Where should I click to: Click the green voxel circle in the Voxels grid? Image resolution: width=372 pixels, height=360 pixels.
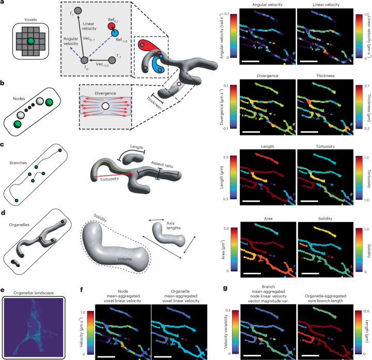[x=30, y=41]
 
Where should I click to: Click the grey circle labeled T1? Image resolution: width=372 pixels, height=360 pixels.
[x=78, y=11]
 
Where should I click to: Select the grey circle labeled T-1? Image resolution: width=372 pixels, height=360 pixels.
[x=112, y=60]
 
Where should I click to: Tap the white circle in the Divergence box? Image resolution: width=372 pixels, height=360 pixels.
[x=104, y=106]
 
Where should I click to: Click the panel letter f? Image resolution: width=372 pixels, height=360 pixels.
[x=82, y=289]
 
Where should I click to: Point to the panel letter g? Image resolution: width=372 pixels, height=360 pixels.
[x=225, y=288]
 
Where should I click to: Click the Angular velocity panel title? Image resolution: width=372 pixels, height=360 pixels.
[x=268, y=5]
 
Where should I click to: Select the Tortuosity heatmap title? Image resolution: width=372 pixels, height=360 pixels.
[x=326, y=146]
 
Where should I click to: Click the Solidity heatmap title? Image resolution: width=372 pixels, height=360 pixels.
[x=325, y=218]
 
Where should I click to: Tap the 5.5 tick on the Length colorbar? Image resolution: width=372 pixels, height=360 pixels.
[x=226, y=157]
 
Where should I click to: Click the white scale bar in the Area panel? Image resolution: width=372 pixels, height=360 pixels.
[x=252, y=273]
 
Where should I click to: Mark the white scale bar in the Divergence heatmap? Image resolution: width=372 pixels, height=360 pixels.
[x=251, y=132]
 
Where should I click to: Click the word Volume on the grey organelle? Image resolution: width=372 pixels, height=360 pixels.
[x=125, y=259]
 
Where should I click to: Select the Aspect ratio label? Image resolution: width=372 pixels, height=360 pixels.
[x=162, y=164]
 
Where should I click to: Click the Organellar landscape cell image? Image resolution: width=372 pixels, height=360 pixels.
[x=34, y=327]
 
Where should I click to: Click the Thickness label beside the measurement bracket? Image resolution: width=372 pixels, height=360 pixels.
[x=154, y=103]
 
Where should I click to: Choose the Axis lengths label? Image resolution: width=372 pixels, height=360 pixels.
[x=173, y=226]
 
